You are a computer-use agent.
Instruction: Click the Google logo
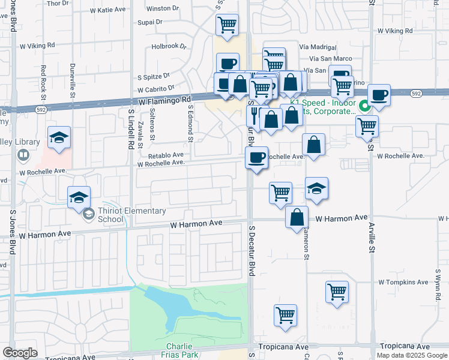20,353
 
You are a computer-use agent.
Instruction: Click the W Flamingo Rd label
164,102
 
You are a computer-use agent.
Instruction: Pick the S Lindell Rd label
130,129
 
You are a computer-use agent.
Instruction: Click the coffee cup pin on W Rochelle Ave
256,158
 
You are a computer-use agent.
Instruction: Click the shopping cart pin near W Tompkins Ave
337,292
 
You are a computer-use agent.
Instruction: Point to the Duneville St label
72,82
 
